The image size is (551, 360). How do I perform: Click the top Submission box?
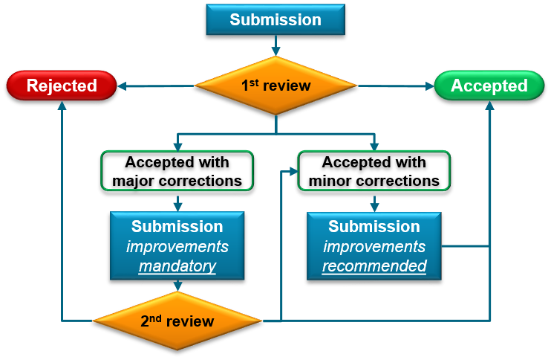click(x=275, y=20)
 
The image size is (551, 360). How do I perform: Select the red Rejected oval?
click(x=62, y=86)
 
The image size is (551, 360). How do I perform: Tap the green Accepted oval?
click(x=489, y=86)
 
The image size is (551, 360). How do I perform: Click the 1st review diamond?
click(x=275, y=86)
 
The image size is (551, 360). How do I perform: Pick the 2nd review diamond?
click(x=177, y=321)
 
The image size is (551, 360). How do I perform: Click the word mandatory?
click(x=177, y=266)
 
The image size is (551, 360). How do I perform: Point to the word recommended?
click(x=374, y=266)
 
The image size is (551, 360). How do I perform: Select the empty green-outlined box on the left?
click(x=177, y=170)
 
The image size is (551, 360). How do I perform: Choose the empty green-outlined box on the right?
click(x=374, y=170)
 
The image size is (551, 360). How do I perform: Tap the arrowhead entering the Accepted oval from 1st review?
click(x=428, y=86)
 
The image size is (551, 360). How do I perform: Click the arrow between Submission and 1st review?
click(x=275, y=46)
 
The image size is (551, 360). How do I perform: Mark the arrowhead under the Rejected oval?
click(x=62, y=106)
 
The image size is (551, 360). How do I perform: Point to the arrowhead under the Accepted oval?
click(x=489, y=106)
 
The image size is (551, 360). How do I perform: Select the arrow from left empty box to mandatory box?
click(x=177, y=202)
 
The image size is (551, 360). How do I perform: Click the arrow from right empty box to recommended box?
click(x=374, y=202)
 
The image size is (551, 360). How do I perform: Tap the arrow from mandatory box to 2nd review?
click(x=177, y=285)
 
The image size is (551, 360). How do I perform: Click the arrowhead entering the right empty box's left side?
click(x=293, y=170)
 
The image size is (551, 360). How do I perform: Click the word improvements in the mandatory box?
click(x=177, y=246)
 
